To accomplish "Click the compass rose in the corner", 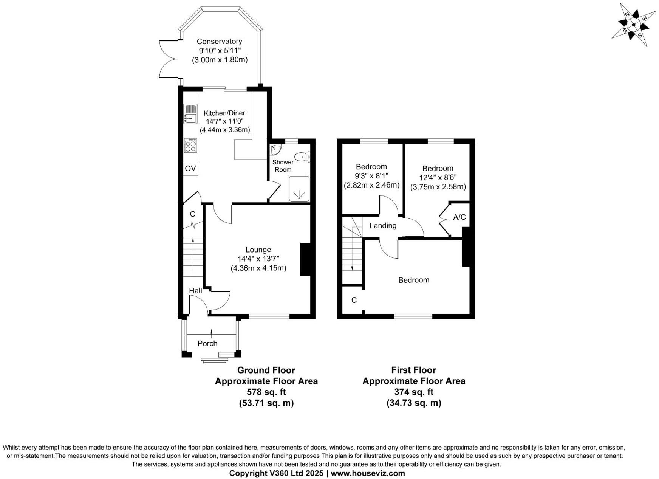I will click(x=633, y=25).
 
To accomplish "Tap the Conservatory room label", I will click(x=219, y=42).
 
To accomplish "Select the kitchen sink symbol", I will click(x=190, y=114).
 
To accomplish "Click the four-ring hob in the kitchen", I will click(x=190, y=146).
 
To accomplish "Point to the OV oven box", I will click(x=190, y=169).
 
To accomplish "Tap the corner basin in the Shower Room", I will click(x=275, y=149).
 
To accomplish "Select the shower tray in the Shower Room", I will click(x=299, y=189).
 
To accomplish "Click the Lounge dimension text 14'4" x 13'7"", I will click(x=258, y=259).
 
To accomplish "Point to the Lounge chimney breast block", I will click(x=305, y=259).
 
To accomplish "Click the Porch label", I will click(x=207, y=343).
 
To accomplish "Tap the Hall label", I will click(x=195, y=291).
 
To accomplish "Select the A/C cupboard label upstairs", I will click(x=459, y=217).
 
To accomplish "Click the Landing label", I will click(x=383, y=226).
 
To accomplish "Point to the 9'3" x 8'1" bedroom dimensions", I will click(x=371, y=176).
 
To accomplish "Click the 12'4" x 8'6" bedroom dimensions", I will click(x=438, y=177).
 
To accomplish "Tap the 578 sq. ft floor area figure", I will click(x=266, y=392).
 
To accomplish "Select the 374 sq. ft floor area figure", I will click(x=413, y=392).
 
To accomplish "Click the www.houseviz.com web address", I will click(x=368, y=473).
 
